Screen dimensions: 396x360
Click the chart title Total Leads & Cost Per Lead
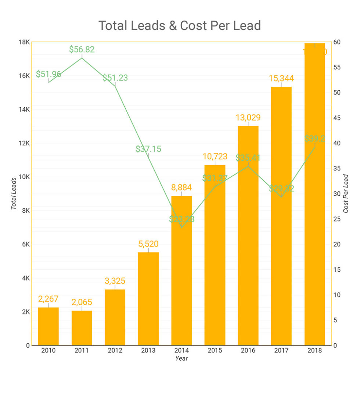180,26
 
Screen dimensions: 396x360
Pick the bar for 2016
248,235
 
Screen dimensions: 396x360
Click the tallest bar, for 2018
315,195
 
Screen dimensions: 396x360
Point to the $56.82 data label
82,50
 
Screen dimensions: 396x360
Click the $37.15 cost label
148,149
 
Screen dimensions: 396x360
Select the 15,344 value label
281,78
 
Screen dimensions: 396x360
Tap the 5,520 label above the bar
148,244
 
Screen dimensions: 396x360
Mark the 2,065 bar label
82,302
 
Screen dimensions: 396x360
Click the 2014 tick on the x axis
181,350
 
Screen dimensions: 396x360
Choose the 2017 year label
281,350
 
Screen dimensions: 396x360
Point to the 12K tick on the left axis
24,143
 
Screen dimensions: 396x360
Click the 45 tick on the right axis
337,118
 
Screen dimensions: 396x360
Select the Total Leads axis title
14,194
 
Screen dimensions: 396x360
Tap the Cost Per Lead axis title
346,194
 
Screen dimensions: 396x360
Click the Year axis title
181,359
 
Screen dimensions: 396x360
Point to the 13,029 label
248,118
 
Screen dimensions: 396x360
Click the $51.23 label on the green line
115,78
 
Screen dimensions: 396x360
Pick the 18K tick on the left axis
24,42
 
